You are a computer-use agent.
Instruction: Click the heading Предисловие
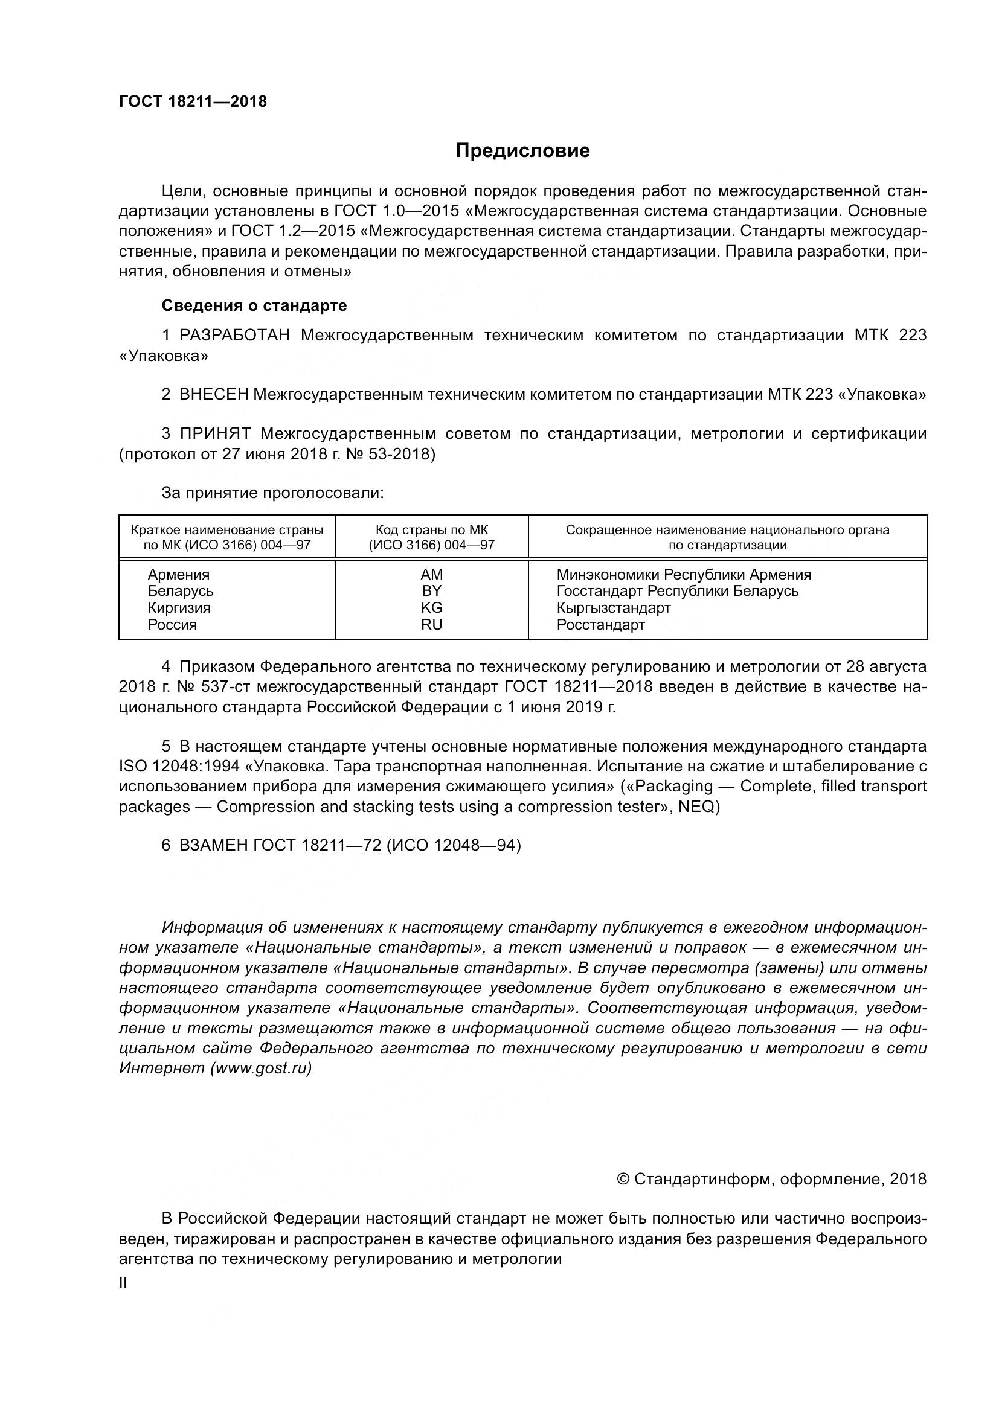(522, 151)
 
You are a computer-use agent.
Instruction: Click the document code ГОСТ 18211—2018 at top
(193, 102)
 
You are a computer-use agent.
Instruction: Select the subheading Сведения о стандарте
(254, 305)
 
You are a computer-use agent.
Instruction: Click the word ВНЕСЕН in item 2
(213, 395)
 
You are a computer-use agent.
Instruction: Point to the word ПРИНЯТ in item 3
(215, 434)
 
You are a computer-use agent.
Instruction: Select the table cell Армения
(178, 574)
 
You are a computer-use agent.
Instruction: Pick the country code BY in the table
(431, 591)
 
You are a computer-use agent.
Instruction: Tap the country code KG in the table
(431, 608)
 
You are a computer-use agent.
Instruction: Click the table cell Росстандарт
(600, 625)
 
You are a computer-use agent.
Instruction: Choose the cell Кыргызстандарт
(613, 608)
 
